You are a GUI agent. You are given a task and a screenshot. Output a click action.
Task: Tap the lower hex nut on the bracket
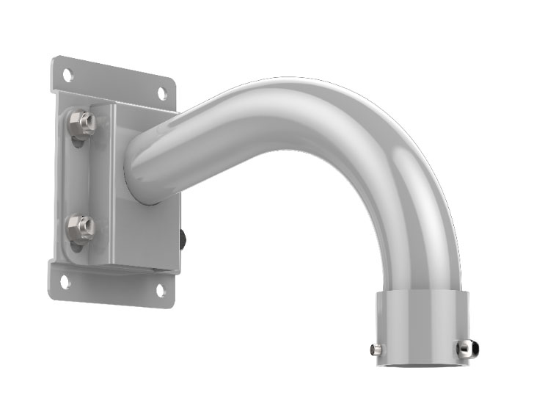pyautogui.click(x=81, y=228)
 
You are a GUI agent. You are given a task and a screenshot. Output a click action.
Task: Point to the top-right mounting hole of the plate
pyautogui.click(x=162, y=93)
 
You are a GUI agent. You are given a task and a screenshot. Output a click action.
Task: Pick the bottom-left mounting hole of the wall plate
pyautogui.click(x=65, y=280)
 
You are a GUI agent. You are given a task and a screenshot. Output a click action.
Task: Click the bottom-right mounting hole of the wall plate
pyautogui.click(x=161, y=291)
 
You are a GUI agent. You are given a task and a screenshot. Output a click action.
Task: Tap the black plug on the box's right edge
pyautogui.click(x=183, y=239)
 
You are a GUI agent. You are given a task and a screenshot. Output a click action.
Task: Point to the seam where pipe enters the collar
pyautogui.click(x=422, y=292)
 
